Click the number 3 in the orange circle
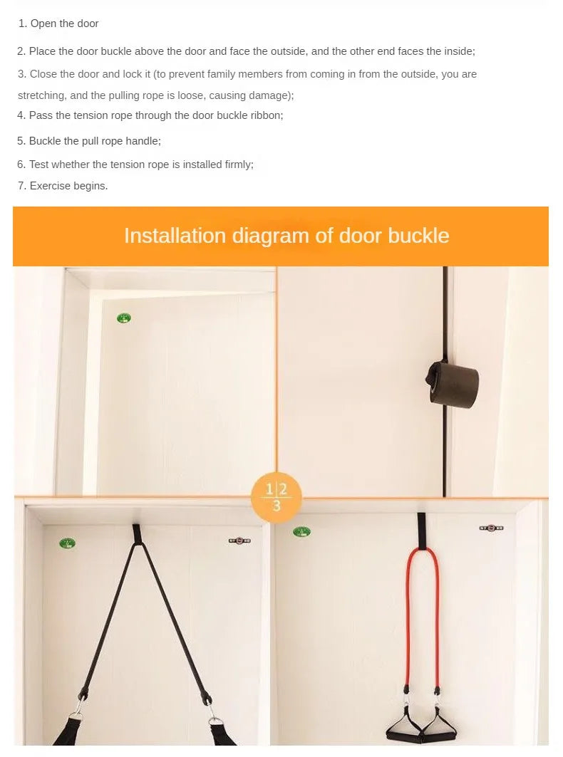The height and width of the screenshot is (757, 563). pyautogui.click(x=277, y=506)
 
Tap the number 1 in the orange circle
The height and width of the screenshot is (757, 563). pyautogui.click(x=269, y=489)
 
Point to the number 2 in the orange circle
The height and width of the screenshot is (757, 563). pyautogui.click(x=283, y=489)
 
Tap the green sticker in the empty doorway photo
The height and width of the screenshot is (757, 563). pyautogui.click(x=124, y=318)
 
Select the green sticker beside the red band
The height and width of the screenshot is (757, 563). pyautogui.click(x=301, y=531)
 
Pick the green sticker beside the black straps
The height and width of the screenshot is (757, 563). pyautogui.click(x=68, y=543)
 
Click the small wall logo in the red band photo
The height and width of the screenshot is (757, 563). pyautogui.click(x=491, y=528)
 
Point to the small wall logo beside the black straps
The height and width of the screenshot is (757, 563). pyautogui.click(x=240, y=541)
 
